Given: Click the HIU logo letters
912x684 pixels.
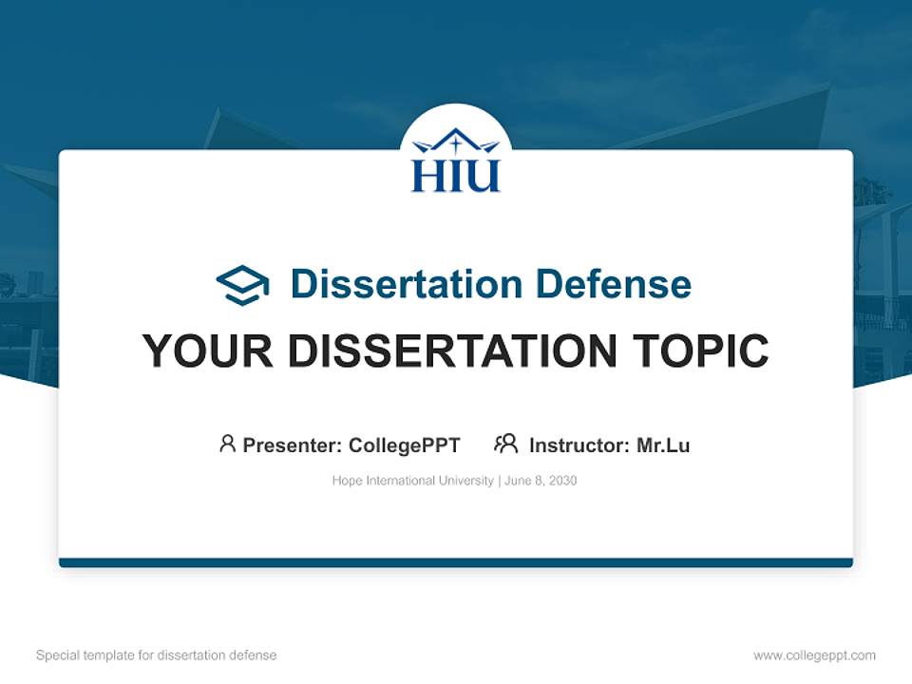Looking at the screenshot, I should [455, 176].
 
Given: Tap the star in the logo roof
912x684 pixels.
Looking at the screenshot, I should [455, 144].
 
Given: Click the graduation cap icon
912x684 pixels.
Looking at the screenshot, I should [242, 284].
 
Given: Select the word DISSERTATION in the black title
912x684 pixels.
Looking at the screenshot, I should [452, 351].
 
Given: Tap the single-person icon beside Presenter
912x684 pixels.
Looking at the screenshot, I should [227, 444].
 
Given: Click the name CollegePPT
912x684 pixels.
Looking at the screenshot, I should [404, 445].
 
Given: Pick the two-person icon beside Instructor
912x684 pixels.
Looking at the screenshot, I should [505, 444].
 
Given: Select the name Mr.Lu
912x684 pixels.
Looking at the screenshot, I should [663, 445].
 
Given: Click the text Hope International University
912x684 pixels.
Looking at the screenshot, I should [412, 481].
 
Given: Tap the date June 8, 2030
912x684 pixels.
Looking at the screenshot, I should [541, 481].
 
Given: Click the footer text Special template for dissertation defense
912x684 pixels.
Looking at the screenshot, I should [156, 655].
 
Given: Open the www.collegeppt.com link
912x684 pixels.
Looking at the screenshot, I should [814, 655].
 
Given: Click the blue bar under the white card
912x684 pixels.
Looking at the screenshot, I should [455, 562].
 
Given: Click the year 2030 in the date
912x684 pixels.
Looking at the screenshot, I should [561, 481].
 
